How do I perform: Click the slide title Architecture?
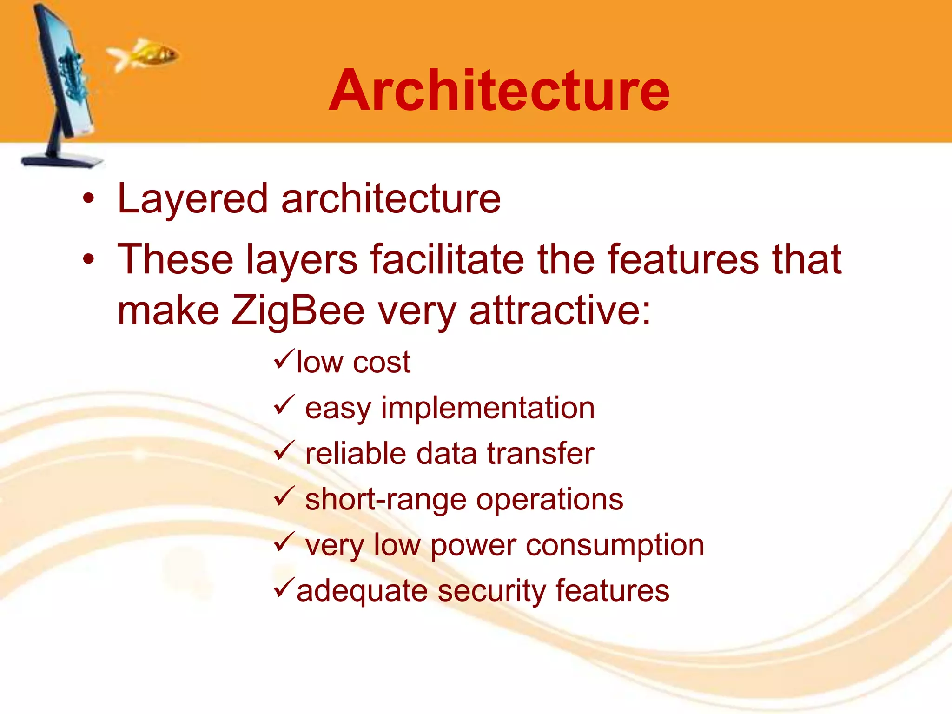point(499,90)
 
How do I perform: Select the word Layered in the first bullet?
point(192,199)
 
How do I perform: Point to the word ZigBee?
point(297,311)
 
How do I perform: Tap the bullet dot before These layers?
point(88,259)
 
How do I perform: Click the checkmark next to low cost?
point(284,359)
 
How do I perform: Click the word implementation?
point(488,408)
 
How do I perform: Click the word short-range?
point(385,500)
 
